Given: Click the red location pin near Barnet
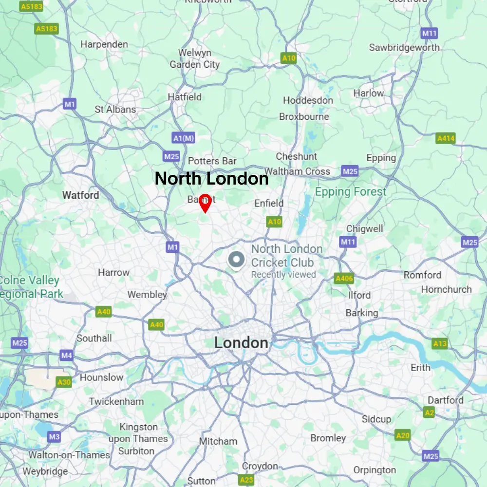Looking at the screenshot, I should pos(206,203).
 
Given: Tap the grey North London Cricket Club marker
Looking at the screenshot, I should pos(236,260).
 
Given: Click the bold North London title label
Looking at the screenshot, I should pos(211,179).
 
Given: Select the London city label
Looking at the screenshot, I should pos(241,343).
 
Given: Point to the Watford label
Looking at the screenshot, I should pos(80,195).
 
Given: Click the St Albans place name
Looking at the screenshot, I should pos(115,109).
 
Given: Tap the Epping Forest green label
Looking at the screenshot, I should pos(351,192).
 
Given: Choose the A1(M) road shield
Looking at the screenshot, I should pos(184,139).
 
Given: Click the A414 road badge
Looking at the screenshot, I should pos(446,139).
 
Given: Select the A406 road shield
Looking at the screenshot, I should pos(344,279).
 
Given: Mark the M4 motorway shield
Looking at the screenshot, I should pos(67,356).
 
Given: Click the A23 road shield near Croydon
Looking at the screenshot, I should pos(247,480).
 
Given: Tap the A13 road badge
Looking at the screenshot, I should pos(440,344).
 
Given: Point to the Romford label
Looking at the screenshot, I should pos(422,275).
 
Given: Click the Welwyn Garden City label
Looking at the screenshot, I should pos(195,58).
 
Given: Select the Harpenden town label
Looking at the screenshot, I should pos(104,44).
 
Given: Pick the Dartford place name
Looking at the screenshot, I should pos(446,400).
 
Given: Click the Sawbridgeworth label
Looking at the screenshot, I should pos(404,48).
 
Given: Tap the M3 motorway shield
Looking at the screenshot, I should pos(55,437).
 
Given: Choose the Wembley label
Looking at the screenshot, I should pos(147,295).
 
